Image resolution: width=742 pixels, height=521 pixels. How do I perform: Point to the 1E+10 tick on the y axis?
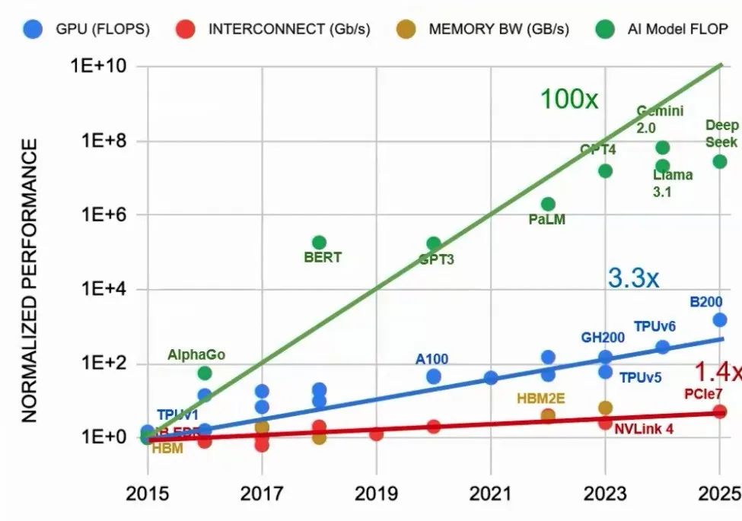[x=98, y=67]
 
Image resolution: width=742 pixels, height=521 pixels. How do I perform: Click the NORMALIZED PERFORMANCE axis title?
[x=29, y=281]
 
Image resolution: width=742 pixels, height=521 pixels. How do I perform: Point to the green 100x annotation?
[x=568, y=99]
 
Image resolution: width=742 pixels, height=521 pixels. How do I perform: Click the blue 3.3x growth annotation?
[x=633, y=278]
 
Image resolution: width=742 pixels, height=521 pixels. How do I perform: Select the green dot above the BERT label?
[x=319, y=243]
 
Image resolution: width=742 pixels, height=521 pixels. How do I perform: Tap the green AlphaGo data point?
[x=205, y=373]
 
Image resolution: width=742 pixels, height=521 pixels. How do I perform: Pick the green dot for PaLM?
[x=548, y=204]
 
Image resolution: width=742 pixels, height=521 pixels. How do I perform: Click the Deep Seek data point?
[x=719, y=161]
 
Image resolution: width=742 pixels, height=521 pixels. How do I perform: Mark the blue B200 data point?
[x=719, y=319]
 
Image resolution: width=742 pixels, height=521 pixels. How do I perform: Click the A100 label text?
[x=432, y=359]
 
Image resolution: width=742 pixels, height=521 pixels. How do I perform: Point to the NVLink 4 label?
[x=644, y=428]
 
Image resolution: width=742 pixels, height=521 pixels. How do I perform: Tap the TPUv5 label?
[x=640, y=377]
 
